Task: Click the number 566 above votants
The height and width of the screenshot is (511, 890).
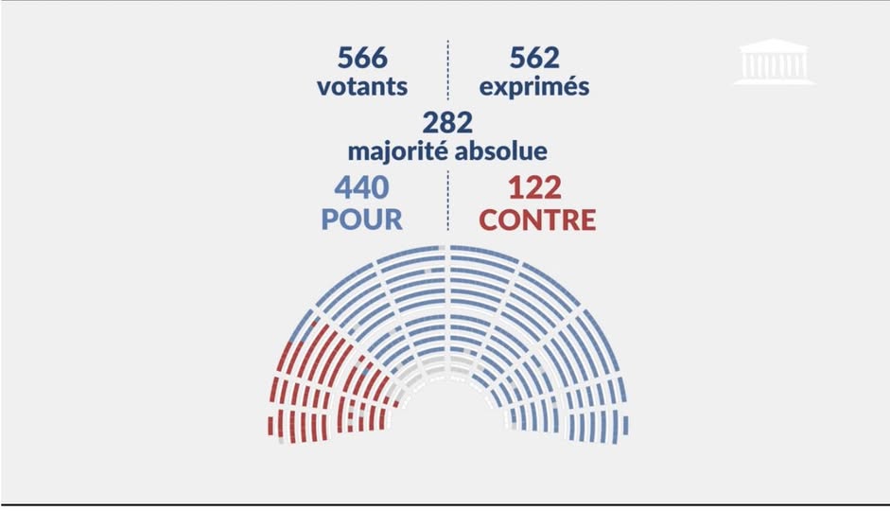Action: (362, 58)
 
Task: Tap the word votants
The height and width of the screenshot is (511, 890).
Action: (362, 86)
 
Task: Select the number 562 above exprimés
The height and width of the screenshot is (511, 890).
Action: (534, 58)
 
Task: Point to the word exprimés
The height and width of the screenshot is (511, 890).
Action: (534, 87)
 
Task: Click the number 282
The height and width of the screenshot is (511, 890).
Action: (447, 123)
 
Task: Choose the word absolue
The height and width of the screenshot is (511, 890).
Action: (501, 150)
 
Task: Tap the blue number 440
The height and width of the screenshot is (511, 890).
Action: (361, 187)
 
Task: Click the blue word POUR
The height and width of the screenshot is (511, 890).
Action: (361, 220)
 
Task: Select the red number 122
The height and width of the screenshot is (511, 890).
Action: (534, 188)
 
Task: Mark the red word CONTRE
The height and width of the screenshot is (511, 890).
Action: (537, 220)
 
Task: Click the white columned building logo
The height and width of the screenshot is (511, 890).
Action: (775, 62)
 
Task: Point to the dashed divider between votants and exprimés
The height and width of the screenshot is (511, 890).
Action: (448, 70)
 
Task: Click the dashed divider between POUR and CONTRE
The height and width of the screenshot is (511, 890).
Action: (448, 201)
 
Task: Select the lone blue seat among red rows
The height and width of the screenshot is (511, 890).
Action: (366, 371)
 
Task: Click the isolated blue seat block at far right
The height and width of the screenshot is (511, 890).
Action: (625, 425)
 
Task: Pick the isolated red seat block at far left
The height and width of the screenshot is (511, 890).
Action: (270, 426)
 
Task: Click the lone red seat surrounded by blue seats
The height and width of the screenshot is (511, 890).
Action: (313, 322)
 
